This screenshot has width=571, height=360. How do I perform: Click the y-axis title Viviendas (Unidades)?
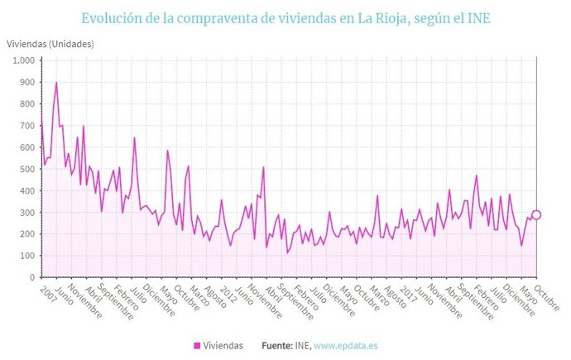[x=50, y=43]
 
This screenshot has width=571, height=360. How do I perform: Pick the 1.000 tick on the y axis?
[x=22, y=61]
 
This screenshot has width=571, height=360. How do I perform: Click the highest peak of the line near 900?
[x=56, y=83]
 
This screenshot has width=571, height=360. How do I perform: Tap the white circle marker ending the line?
[x=536, y=215]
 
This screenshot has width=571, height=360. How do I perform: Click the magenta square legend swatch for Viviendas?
[x=198, y=346]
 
